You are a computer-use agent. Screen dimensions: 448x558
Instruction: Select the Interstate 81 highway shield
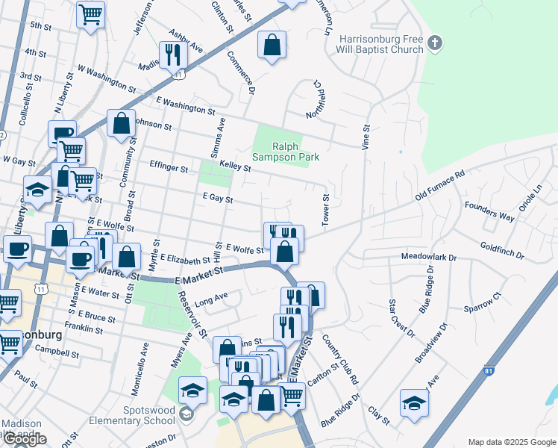tap(489, 370)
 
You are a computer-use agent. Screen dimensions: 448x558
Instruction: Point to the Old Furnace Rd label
tap(439, 184)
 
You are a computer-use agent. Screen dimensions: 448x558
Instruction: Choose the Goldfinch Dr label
tap(503, 250)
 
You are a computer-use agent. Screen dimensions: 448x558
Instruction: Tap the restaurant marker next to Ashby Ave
tap(172, 55)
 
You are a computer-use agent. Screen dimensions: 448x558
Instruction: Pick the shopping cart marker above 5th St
tap(90, 13)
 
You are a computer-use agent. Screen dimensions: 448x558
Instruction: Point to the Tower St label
tap(325, 208)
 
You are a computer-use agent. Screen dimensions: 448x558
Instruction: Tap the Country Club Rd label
tap(340, 356)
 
